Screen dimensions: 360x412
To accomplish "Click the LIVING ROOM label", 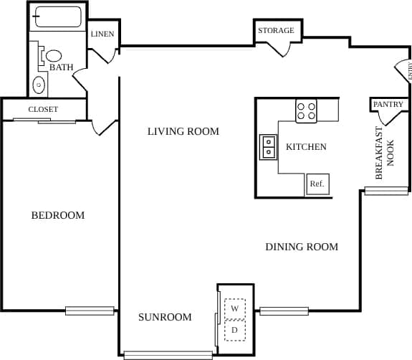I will (183, 131).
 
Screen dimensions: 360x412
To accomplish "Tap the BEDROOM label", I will (57, 215).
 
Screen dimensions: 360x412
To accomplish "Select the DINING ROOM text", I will (302, 247).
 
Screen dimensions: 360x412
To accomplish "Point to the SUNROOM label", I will (165, 317).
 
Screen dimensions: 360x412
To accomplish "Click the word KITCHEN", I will (306, 147).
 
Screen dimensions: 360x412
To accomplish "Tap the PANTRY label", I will (388, 105).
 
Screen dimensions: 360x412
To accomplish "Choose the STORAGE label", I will (276, 31).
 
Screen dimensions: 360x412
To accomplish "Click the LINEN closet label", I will (102, 34).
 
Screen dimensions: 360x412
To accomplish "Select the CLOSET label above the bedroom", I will (43, 109).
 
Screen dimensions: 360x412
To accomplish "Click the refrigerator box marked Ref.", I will (317, 184).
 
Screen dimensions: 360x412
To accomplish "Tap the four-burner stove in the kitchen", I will (307, 111).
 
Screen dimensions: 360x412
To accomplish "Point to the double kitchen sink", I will (269, 147).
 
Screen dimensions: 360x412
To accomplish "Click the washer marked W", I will (234, 308).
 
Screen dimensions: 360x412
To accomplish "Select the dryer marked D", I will (234, 330).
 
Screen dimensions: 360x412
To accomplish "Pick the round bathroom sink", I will (39, 85).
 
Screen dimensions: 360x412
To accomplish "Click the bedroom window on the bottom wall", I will (90, 311).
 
